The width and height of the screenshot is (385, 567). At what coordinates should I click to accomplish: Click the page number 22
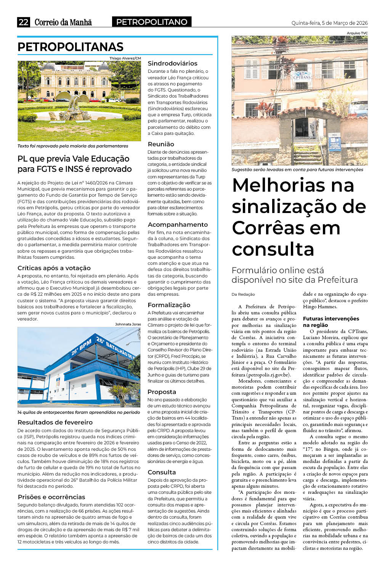tap(23, 22)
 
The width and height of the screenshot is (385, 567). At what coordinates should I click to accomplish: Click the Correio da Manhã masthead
tap(63, 22)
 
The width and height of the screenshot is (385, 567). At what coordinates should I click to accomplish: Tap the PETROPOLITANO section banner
tap(152, 22)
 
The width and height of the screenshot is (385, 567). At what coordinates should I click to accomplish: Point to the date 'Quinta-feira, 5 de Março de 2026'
tap(329, 23)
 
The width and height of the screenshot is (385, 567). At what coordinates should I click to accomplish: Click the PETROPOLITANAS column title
tap(71, 47)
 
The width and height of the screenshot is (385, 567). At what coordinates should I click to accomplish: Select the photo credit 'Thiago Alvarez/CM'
tap(125, 58)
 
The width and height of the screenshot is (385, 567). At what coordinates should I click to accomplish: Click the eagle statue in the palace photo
tap(79, 107)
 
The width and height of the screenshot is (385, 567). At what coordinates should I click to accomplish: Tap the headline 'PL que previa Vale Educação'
tap(74, 159)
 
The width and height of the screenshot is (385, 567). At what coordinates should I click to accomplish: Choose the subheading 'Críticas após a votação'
tap(54, 268)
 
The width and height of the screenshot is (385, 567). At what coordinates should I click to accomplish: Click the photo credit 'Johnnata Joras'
tap(128, 324)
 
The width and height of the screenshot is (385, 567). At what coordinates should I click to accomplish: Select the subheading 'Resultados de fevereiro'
tap(55, 422)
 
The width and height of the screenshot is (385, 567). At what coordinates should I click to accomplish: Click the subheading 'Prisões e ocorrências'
tap(51, 497)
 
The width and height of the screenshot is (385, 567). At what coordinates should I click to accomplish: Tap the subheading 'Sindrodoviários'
tap(173, 63)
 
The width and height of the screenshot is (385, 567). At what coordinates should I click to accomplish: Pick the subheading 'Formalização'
tap(169, 305)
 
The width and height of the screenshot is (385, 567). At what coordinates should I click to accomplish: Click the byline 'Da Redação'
tap(243, 294)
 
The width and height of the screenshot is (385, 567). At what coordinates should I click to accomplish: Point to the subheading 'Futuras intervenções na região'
tap(331, 322)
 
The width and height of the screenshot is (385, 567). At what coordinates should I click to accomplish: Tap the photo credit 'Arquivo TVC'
tap(357, 33)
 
